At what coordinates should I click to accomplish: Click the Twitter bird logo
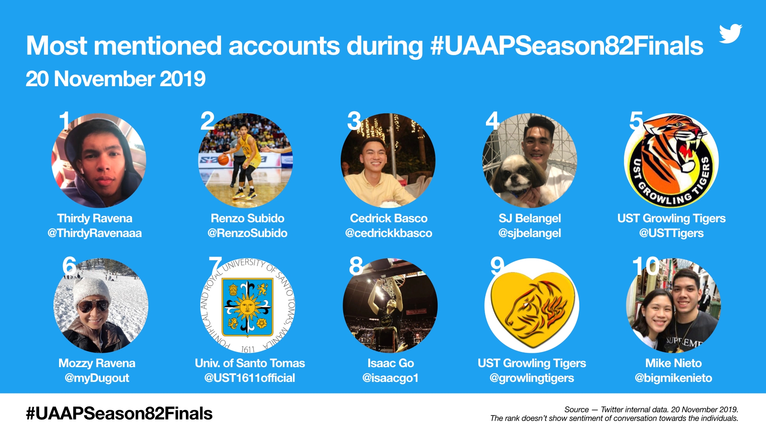coord(730,34)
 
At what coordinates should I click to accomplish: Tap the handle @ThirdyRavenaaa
coord(95,233)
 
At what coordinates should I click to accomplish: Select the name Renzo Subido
coord(247,218)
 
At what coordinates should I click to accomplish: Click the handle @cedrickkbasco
coord(389,233)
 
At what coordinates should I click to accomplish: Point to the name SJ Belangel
coord(530,218)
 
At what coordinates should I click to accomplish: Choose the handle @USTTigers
coord(671,233)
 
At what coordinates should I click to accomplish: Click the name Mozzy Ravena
coord(97,363)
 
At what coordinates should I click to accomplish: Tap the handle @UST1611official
coord(250,378)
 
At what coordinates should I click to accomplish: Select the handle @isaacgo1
coord(391,378)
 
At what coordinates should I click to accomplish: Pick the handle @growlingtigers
coord(532,378)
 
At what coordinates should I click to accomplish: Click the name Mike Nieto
coord(673,363)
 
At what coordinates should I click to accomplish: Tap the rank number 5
coord(636,121)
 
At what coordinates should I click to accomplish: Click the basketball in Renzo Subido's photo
coord(223,160)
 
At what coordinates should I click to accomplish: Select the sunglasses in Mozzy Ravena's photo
coord(93,306)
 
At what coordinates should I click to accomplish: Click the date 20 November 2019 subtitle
coord(116,79)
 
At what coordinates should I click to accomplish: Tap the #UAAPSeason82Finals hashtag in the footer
coord(119,413)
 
